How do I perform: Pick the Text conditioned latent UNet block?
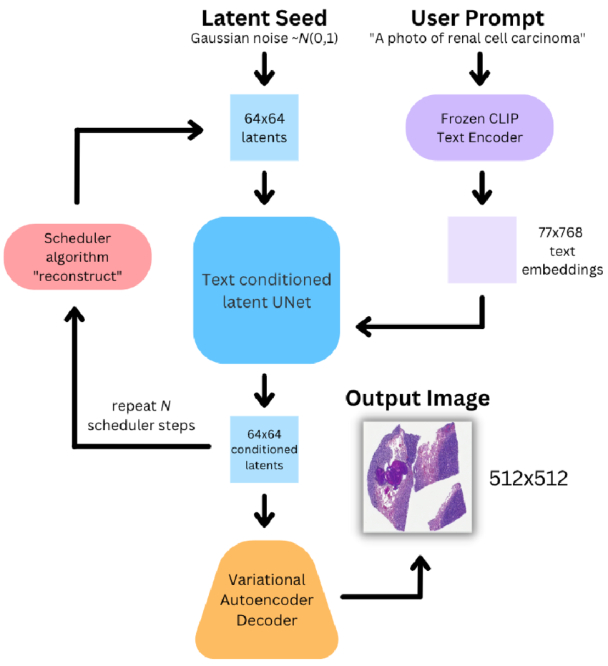[x=266, y=289]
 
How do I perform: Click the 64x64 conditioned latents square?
[x=265, y=448]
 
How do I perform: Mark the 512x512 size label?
[x=529, y=479]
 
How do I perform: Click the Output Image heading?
[x=418, y=398]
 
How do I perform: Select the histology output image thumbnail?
[x=418, y=476]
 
